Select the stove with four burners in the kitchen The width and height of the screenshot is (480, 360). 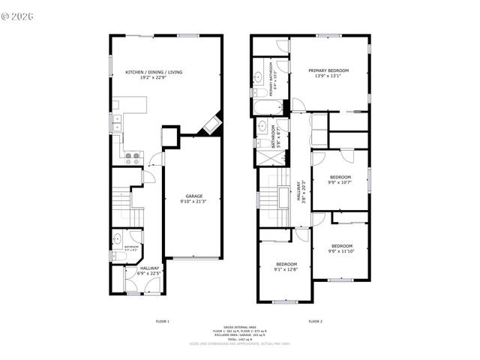132,157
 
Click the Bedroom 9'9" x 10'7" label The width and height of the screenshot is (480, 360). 340,179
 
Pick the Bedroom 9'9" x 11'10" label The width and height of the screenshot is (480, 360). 341,248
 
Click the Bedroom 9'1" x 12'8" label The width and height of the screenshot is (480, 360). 286,266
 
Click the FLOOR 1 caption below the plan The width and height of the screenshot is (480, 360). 162,321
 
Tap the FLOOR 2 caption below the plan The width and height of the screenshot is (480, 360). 315,321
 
